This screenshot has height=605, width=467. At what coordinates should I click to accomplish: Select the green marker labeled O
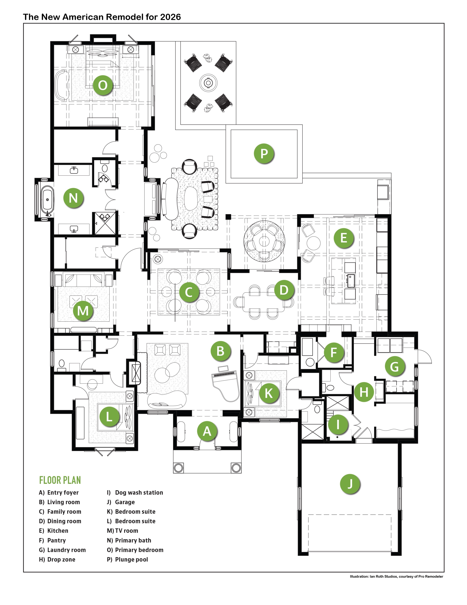pyautogui.click(x=103, y=85)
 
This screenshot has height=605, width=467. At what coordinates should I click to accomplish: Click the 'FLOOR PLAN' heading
pyautogui.click(x=60, y=480)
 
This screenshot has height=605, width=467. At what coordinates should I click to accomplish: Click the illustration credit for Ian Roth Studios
pyautogui.click(x=396, y=576)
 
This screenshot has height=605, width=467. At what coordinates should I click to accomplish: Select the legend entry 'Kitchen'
pyautogui.click(x=54, y=531)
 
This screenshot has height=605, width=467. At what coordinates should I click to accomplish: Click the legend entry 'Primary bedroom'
pyautogui.click(x=135, y=550)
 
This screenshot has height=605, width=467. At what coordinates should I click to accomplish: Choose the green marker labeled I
pyautogui.click(x=338, y=424)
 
